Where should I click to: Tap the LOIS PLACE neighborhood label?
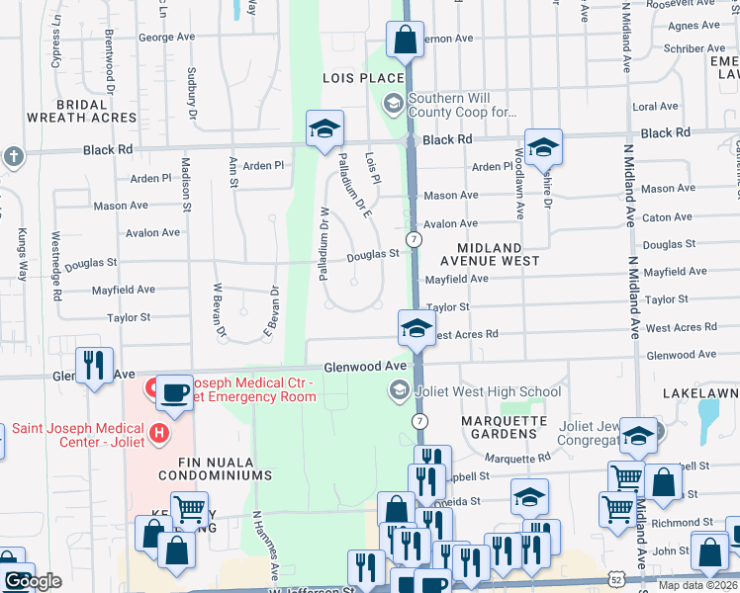point(363,78)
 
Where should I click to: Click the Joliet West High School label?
point(488,391)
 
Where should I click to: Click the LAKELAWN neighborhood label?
point(701,392)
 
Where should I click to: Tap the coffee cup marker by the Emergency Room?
point(175,392)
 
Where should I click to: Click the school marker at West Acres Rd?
point(417,329)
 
